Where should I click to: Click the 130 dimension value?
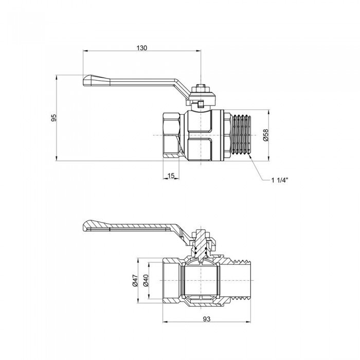[142, 47]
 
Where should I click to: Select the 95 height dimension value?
[53, 118]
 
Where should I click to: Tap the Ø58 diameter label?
[265, 135]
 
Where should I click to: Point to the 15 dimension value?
[171, 176]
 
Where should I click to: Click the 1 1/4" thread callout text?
[280, 179]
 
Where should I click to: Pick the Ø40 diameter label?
[146, 280]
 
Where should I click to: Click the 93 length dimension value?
[207, 319]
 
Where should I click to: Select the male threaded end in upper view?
[239, 135]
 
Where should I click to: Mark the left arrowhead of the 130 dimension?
[85, 51]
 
